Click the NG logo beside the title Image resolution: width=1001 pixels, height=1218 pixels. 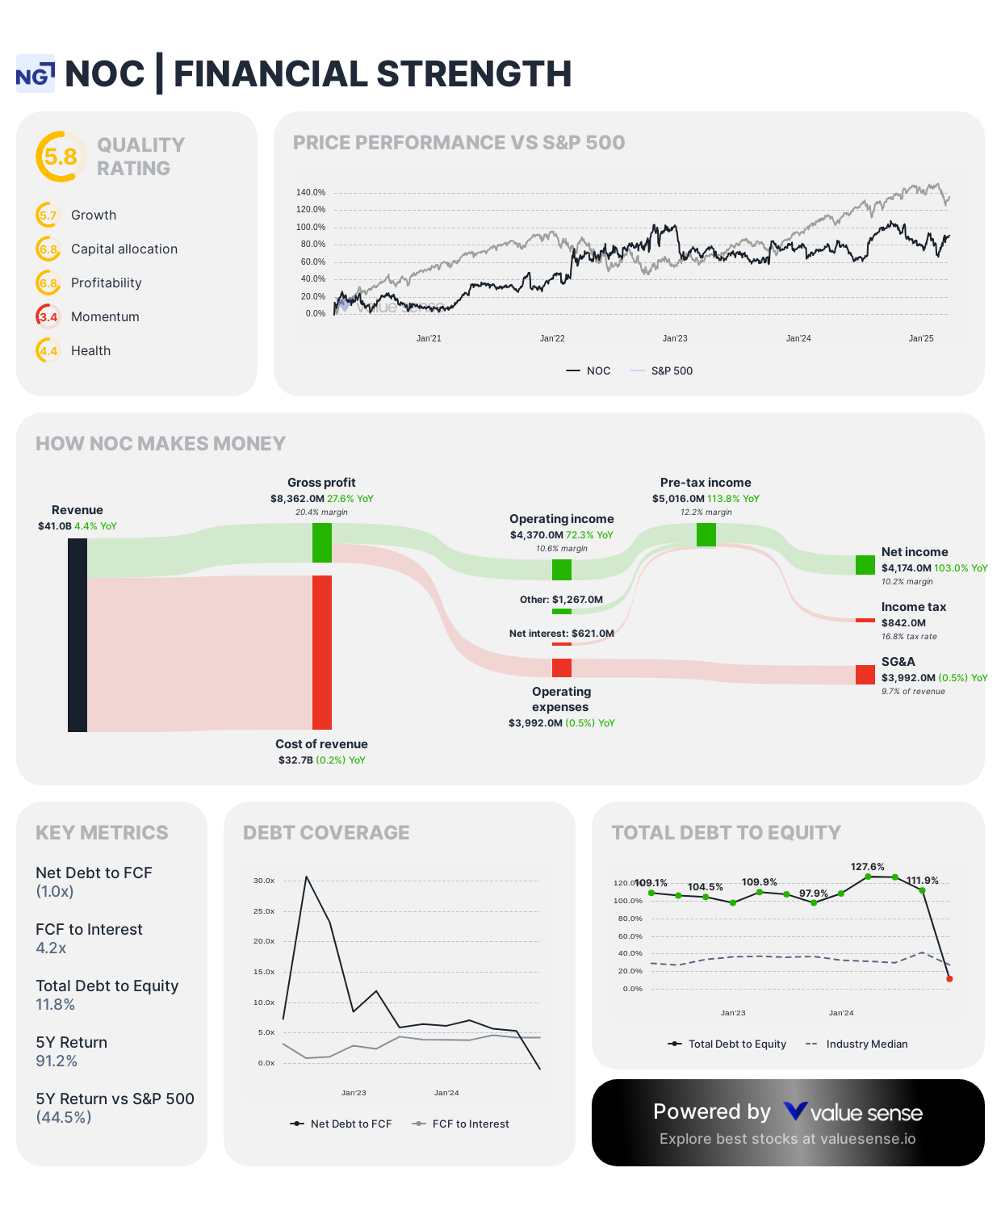click(36, 74)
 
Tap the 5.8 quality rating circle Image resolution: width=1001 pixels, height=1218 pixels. click(61, 157)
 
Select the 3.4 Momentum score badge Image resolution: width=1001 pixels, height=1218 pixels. click(48, 316)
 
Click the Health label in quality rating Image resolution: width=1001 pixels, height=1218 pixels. click(90, 350)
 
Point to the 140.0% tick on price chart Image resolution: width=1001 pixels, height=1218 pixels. click(311, 192)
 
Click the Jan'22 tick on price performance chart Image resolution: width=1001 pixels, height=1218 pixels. click(552, 338)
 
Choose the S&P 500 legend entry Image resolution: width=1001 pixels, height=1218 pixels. click(671, 370)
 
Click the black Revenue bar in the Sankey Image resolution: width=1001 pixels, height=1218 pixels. click(77, 634)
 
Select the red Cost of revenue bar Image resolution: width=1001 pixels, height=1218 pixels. click(322, 652)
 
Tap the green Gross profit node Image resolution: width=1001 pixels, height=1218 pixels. click(322, 542)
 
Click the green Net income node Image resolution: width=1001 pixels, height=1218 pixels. click(865, 565)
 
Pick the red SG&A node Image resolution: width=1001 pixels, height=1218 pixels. click(865, 675)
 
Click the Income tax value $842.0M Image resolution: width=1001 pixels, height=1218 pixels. click(903, 623)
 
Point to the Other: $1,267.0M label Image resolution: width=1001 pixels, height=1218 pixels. click(561, 600)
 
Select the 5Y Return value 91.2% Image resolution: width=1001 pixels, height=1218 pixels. click(57, 1061)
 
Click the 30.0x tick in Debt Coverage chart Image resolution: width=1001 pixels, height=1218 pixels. click(264, 881)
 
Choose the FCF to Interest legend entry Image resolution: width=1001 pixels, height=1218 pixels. click(470, 1124)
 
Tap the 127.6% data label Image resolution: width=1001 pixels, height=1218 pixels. click(867, 866)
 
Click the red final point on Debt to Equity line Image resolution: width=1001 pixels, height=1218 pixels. click(949, 979)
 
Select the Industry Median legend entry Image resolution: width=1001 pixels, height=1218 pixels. click(866, 1044)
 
